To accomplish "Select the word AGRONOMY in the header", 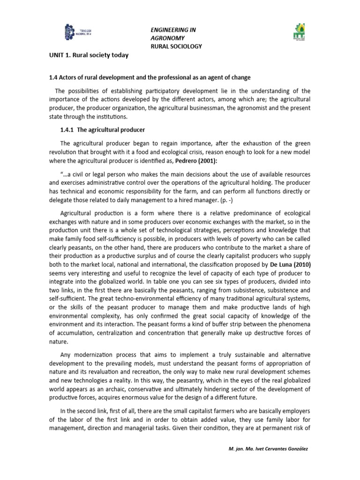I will pyautogui.click(x=167, y=37).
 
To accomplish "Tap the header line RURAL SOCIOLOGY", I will pyautogui.click(x=176, y=46).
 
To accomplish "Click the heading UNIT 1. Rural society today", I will pyautogui.click(x=89, y=55).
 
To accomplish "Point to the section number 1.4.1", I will pyautogui.click(x=69, y=129).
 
